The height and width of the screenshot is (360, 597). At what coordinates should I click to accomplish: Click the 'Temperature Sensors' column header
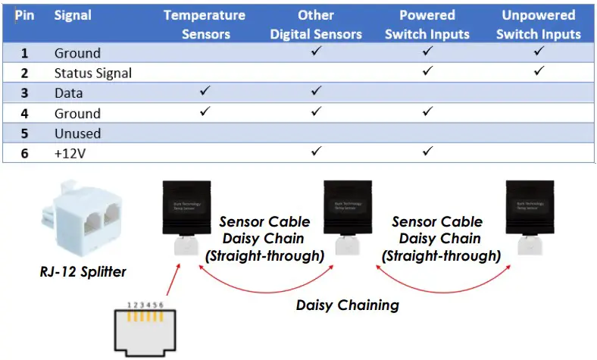204,24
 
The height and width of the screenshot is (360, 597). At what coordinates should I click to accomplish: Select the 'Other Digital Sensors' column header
316,24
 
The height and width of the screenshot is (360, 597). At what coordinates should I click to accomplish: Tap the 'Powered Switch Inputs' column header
427,24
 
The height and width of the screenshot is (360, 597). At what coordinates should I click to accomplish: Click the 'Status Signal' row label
92,74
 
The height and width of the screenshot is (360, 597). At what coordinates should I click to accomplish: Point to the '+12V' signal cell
69,154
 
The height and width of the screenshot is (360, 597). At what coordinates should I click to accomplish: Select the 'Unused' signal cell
77,133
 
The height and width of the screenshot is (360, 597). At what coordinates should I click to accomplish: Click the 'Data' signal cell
69,93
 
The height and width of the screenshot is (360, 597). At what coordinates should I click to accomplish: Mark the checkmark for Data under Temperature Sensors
204,92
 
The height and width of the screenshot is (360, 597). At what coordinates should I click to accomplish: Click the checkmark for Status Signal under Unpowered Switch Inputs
539,72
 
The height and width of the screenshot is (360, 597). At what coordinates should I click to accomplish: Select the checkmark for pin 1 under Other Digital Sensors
316,52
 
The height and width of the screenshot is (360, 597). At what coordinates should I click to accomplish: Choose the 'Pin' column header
24,16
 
